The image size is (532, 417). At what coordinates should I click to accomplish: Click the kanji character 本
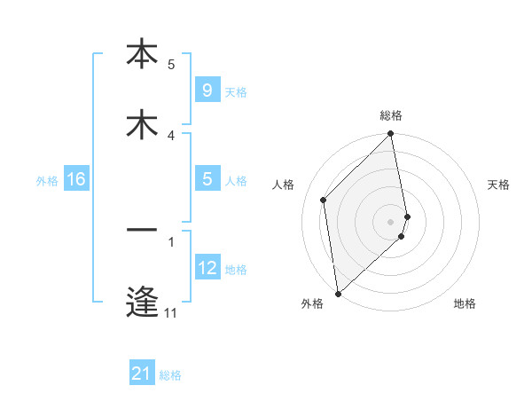[142, 54]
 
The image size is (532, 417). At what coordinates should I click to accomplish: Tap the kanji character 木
[142, 125]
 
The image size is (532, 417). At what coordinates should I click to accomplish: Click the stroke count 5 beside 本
[171, 64]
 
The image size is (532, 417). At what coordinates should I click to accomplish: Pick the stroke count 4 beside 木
[171, 135]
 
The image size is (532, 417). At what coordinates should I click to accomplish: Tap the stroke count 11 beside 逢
[171, 312]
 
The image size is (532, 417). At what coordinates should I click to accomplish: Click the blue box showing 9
[207, 90]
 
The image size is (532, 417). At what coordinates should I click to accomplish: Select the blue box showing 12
[207, 268]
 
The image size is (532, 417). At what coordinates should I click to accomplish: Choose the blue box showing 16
[76, 180]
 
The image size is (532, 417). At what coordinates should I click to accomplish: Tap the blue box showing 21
[142, 374]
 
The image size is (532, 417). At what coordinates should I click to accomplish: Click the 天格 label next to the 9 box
[236, 92]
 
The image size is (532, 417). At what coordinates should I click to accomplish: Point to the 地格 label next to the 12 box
[236, 270]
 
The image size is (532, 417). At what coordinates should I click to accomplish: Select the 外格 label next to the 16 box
[47, 181]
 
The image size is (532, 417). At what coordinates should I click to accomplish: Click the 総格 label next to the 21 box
[170, 375]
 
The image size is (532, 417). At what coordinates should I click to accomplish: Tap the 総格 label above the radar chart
[391, 115]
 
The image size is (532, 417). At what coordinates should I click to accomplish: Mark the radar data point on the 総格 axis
[391, 135]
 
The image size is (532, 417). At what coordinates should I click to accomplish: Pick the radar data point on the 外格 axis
[338, 293]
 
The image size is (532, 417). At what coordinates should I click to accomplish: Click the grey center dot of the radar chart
[391, 221]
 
